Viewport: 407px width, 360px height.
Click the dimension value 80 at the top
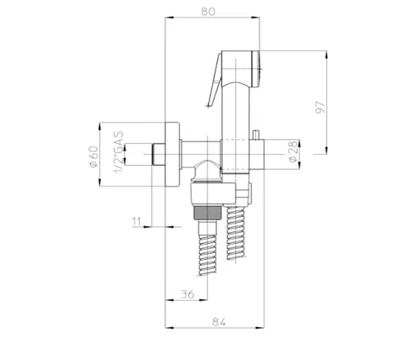click(208, 12)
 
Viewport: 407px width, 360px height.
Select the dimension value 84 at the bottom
click(219, 322)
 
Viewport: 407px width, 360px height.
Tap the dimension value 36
click(187, 294)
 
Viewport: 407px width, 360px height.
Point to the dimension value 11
click(137, 221)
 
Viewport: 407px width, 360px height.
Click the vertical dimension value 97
click(321, 108)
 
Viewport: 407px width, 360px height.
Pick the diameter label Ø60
click(94, 157)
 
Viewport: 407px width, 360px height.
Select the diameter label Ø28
click(293, 152)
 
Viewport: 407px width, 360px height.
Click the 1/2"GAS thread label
click(119, 152)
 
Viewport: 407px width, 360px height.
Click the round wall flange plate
click(172, 154)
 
